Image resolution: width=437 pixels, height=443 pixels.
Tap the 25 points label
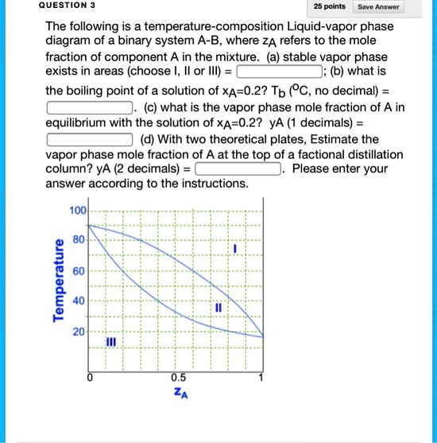329,7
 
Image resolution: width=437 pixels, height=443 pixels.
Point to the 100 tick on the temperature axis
77,210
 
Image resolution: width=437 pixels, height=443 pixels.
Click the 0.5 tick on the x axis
179,378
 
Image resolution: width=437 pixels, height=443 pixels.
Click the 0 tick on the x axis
90,378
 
